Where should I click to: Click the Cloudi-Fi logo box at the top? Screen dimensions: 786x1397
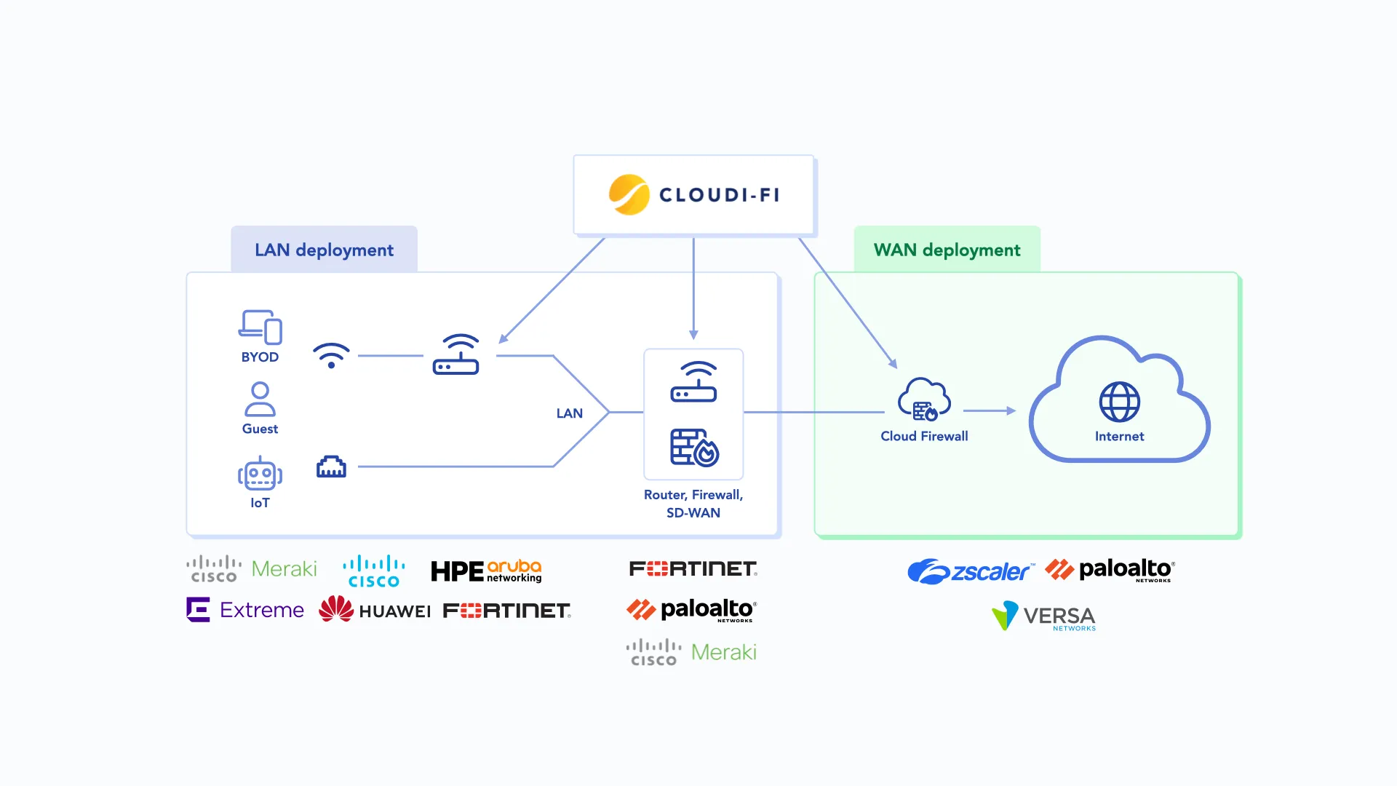[x=693, y=195]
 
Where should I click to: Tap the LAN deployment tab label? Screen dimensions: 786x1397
[x=324, y=250]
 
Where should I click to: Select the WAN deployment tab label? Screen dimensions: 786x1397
[x=947, y=250]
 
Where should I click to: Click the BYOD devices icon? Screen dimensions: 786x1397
[x=260, y=327]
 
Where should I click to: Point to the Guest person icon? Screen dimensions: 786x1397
[x=260, y=399]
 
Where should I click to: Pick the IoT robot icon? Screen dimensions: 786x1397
[x=260, y=475]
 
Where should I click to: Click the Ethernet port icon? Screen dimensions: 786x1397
[x=331, y=467]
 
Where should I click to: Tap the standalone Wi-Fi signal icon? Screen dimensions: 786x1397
[x=331, y=355]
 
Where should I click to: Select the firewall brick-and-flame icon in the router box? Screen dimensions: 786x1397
[x=694, y=448]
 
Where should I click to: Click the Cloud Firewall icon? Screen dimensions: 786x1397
[x=924, y=400]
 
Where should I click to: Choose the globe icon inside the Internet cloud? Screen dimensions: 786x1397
[x=1119, y=402]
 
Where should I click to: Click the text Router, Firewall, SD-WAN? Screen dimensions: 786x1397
[x=693, y=504]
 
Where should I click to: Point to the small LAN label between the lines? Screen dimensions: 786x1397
[x=570, y=413]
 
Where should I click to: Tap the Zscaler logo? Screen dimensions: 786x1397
[x=969, y=571]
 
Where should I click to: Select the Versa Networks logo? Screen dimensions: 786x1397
[x=1044, y=616]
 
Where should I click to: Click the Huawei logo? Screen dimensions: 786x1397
[x=375, y=610]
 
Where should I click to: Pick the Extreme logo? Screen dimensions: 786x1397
[x=245, y=610]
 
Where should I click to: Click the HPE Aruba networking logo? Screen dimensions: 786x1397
[x=486, y=571]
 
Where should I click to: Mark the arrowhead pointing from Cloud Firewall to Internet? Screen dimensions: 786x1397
[x=1011, y=411]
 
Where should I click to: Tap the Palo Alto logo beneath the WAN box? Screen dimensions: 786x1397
[x=1110, y=570]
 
